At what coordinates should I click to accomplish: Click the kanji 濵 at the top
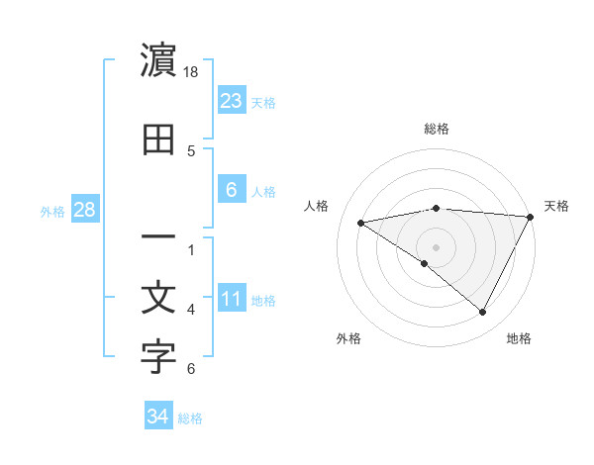click(x=158, y=61)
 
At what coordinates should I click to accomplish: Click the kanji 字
click(x=158, y=358)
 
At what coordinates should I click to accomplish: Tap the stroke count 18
click(x=192, y=72)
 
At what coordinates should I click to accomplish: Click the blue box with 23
click(x=231, y=100)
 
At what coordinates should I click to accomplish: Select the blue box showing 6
click(x=231, y=190)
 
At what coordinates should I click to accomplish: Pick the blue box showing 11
click(x=231, y=299)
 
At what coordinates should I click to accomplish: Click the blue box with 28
click(x=84, y=210)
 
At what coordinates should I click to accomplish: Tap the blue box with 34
click(x=157, y=417)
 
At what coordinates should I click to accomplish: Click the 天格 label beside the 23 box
click(x=262, y=102)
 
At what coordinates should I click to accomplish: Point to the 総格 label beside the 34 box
click(x=190, y=418)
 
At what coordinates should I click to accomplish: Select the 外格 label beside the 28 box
click(x=52, y=211)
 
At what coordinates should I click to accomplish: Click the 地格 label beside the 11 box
click(x=263, y=301)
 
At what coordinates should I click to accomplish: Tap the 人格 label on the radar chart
click(x=317, y=206)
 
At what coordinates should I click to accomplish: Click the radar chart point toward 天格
click(x=531, y=217)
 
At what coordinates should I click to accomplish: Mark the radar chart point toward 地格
click(x=483, y=313)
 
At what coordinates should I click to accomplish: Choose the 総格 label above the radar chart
click(x=436, y=129)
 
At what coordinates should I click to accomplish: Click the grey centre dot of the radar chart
click(x=436, y=246)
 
